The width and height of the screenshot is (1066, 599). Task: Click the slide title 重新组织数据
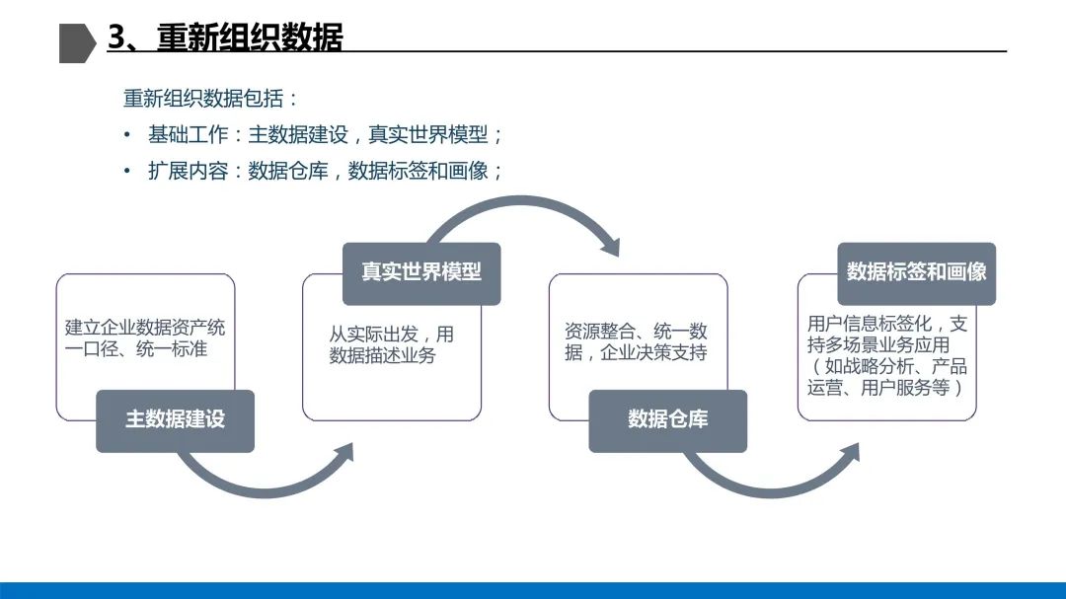250,37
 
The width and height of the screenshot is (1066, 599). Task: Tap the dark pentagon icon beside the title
77,41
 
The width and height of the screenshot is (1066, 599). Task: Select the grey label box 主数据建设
175,420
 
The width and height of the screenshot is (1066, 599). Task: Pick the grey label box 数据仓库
667,420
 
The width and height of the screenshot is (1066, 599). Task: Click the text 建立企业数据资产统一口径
145,337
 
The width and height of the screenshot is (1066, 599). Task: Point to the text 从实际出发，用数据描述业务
391,344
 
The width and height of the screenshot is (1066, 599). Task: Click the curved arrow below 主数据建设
266,480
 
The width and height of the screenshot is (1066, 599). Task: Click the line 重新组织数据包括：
210,99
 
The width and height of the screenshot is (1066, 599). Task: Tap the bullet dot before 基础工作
127,135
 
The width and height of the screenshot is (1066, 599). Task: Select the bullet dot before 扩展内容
127,171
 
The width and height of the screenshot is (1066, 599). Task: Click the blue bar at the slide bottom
533,590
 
